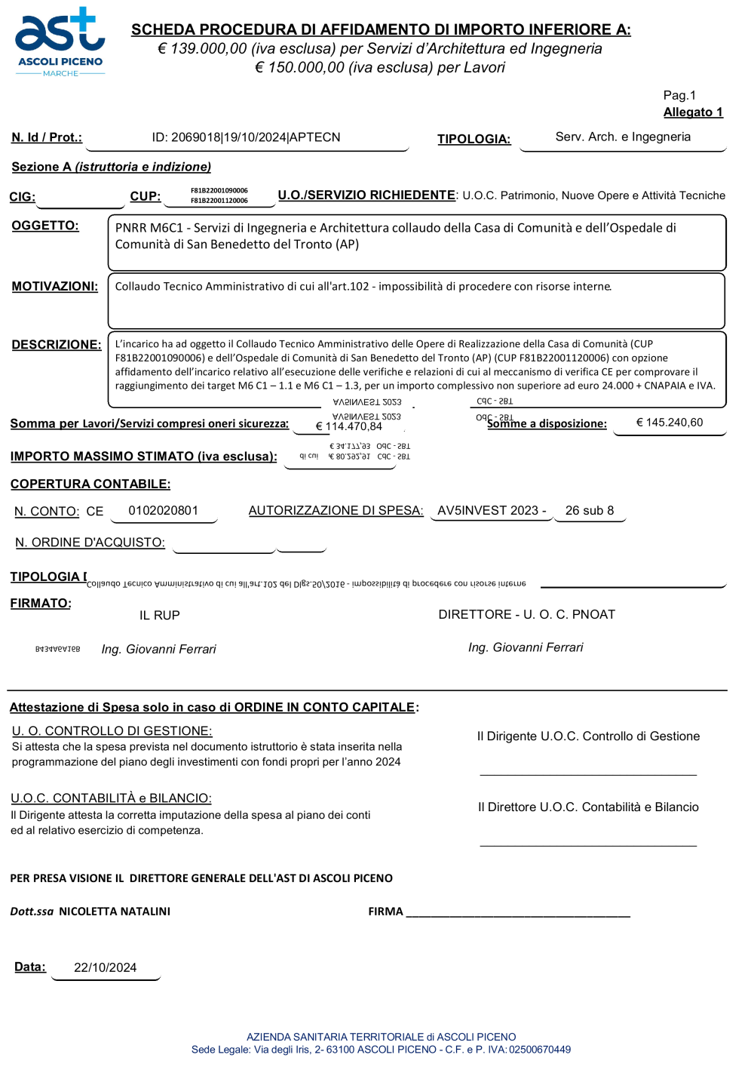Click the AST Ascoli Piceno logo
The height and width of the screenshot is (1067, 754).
pyautogui.click(x=60, y=42)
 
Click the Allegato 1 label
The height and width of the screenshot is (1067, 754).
pyautogui.click(x=692, y=112)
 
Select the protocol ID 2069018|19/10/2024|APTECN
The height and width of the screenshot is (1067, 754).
pyautogui.click(x=246, y=137)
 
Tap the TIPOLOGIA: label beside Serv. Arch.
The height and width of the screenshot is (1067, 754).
pyautogui.click(x=474, y=139)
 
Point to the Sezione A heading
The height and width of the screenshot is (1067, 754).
pyautogui.click(x=111, y=167)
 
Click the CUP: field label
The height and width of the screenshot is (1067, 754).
pyautogui.click(x=145, y=196)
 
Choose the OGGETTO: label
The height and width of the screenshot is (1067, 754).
pyautogui.click(x=45, y=226)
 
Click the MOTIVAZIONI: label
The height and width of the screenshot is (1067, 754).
pyautogui.click(x=54, y=287)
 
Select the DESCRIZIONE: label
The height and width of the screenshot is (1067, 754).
pyautogui.click(x=56, y=345)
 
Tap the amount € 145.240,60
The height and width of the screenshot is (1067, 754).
pyautogui.click(x=669, y=423)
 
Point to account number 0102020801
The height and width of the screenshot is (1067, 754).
pyautogui.click(x=163, y=511)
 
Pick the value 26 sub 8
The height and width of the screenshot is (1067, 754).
pyautogui.click(x=589, y=511)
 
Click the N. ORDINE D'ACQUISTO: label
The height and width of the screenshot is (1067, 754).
pyautogui.click(x=90, y=543)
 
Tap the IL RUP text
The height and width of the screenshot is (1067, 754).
pyautogui.click(x=159, y=616)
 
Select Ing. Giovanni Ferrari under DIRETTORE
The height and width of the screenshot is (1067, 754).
pyautogui.click(x=525, y=647)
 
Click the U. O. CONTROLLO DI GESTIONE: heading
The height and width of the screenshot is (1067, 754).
pyautogui.click(x=112, y=731)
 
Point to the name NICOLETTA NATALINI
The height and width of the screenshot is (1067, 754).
pyautogui.click(x=115, y=912)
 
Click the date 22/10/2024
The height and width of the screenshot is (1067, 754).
pyautogui.click(x=105, y=968)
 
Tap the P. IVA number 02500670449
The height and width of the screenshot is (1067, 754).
pyautogui.click(x=539, y=1050)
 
